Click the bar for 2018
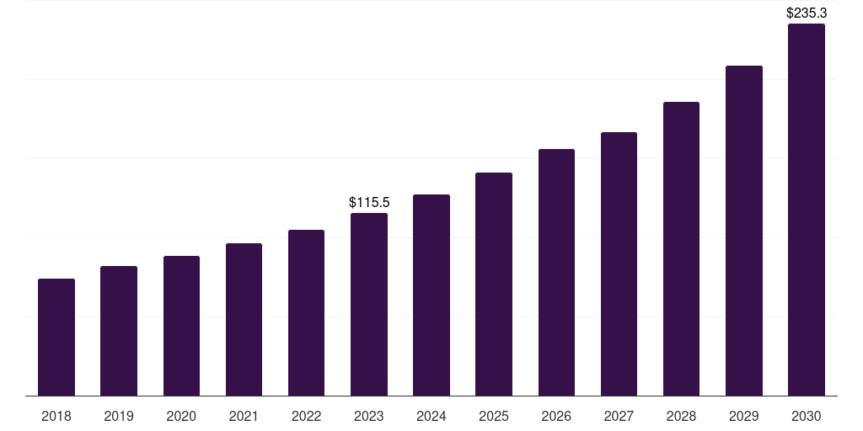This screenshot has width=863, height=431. [56, 337]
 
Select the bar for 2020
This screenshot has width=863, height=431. [181, 326]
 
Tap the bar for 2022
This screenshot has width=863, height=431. [306, 312]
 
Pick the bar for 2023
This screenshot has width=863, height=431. [369, 304]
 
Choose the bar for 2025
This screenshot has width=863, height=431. [494, 284]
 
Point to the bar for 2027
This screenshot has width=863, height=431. [619, 263]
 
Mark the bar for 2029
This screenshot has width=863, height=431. [743, 231]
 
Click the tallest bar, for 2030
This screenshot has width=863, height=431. [807, 210]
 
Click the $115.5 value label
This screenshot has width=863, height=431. [369, 203]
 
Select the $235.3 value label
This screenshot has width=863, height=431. [807, 13]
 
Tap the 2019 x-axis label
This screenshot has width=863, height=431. [119, 416]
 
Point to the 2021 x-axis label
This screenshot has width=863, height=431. [244, 416]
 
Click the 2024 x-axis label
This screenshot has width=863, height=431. [431, 416]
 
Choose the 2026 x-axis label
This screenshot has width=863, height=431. [556, 416]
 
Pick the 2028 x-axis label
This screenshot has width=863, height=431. [681, 416]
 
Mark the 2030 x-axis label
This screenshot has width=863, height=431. [807, 416]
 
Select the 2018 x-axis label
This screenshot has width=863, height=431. [56, 416]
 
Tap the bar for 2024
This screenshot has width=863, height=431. [431, 295]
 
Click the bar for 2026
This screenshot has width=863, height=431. [556, 272]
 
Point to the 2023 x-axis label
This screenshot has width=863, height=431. [369, 416]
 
